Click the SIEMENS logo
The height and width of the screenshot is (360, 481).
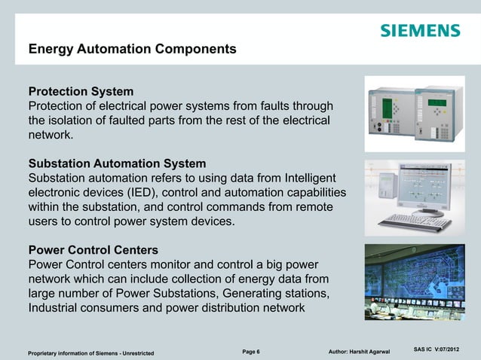click(x=419, y=31)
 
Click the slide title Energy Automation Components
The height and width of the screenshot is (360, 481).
click(x=132, y=50)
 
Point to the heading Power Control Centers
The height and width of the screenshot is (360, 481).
click(x=93, y=249)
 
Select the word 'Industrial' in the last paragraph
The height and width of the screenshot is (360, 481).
click(x=58, y=308)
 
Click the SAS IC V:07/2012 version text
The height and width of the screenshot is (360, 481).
click(x=447, y=349)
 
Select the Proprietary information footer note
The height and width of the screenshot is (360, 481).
click(x=91, y=353)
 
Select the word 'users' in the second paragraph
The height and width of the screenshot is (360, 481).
click(x=44, y=221)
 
